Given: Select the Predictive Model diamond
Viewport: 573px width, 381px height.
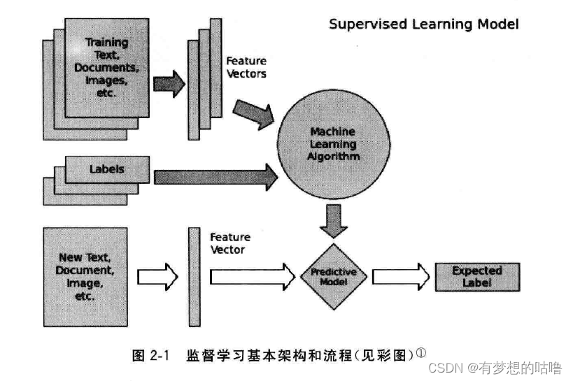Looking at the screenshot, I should pos(333,277).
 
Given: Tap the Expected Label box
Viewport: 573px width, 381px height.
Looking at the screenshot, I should pos(476,277).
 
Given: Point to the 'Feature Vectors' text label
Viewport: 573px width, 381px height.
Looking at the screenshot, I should pos(246,67).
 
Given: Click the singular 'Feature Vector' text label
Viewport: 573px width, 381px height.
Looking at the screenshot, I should pos(227,243).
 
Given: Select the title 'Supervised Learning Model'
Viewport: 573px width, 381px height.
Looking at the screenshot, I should pos(424,24).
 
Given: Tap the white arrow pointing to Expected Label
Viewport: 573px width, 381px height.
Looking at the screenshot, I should pos(399,276).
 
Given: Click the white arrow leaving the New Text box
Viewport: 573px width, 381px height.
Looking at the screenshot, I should pos(157,277).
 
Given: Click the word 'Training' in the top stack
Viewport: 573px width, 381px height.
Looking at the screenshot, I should pos(106,43).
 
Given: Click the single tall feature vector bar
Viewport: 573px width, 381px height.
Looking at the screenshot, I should pos(194,277).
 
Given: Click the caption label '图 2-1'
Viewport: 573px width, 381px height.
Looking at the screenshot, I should pos(151,356).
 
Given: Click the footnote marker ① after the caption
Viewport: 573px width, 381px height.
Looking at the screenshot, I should pos(421,353).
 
